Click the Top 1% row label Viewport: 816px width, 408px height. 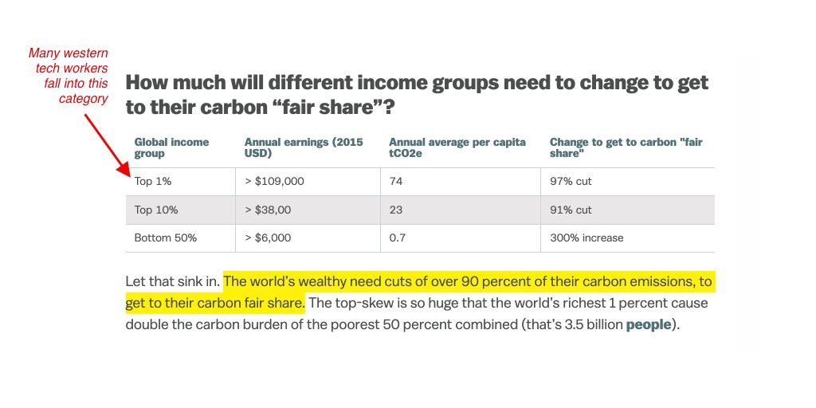coord(153,182)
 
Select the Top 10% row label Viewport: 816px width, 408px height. coord(156,210)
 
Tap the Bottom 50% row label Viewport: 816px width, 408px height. coord(165,237)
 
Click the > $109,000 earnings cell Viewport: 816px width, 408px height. coord(274,182)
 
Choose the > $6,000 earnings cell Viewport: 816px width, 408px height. coord(268,237)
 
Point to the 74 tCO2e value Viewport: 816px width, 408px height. coord(395,182)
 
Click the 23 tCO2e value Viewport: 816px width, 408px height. coord(395,210)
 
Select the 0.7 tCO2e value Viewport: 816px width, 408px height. coord(397,237)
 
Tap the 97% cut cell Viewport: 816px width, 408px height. coord(571,182)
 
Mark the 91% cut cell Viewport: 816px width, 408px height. coord(571,210)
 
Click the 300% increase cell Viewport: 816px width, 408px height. coord(586,237)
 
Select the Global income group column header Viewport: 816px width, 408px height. coord(171,147)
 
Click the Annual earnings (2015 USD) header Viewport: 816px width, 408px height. coord(303,147)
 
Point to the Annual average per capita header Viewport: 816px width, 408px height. coord(457,147)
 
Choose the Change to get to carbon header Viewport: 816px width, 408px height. coord(626,147)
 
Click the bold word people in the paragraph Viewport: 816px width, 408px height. coord(648,324)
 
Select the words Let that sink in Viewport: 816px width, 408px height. coord(172,282)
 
